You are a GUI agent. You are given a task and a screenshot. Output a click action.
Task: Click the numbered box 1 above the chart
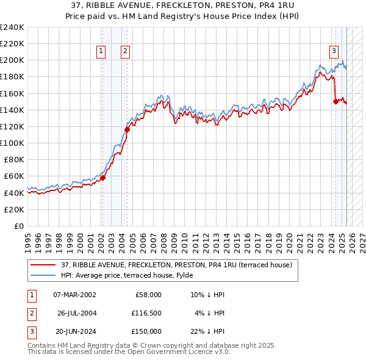(x=100, y=52)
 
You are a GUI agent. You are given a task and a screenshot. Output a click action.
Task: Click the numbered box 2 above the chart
(x=125, y=52)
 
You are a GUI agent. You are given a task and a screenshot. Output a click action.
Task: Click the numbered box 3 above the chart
(x=334, y=52)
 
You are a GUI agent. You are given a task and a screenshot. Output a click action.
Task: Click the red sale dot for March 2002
(x=102, y=178)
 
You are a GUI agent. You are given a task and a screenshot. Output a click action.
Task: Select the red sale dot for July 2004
(x=127, y=129)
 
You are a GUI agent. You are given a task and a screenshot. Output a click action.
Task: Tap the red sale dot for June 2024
(x=335, y=102)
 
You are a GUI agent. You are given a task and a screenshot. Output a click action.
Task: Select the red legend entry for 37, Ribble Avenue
(x=177, y=265)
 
